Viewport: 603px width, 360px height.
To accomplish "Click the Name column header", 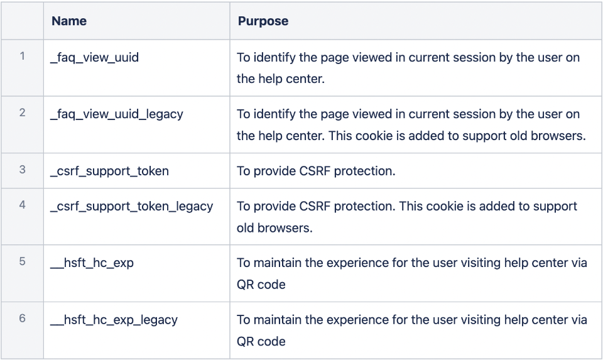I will pyautogui.click(x=69, y=21).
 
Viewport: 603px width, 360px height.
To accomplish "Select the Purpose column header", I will pyautogui.click(x=263, y=21).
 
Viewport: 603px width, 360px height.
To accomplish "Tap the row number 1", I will pyautogui.click(x=22, y=57).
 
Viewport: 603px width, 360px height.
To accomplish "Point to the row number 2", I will pyautogui.click(x=22, y=113).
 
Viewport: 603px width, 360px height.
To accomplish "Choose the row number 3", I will pyautogui.click(x=22, y=170).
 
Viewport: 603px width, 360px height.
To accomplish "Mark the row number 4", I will pyautogui.click(x=22, y=205).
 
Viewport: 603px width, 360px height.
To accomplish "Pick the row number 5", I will pyautogui.click(x=22, y=262).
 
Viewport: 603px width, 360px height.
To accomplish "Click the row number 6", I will pyautogui.click(x=22, y=319).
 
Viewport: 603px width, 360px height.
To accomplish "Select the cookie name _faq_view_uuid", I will pyautogui.click(x=94, y=58).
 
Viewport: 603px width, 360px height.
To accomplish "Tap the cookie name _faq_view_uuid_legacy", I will pyautogui.click(x=116, y=114).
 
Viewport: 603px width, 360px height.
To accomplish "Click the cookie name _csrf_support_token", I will pyautogui.click(x=109, y=171).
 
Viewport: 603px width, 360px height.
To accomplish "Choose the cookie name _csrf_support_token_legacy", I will pyautogui.click(x=131, y=207).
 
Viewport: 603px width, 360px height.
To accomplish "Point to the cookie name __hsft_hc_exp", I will pyautogui.click(x=92, y=263).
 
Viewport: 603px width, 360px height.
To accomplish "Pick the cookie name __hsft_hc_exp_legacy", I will pyautogui.click(x=114, y=320).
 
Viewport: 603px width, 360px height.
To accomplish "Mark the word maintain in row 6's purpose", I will pyautogui.click(x=276, y=320).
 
